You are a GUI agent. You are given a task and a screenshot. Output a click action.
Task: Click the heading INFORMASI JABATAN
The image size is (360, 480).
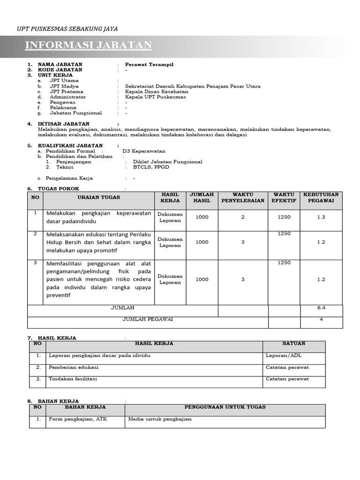pyautogui.click(x=88, y=45)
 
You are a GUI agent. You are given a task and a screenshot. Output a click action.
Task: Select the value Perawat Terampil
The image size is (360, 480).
pyautogui.click(x=149, y=65)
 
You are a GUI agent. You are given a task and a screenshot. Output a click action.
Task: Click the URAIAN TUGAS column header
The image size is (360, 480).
pyautogui.click(x=98, y=197)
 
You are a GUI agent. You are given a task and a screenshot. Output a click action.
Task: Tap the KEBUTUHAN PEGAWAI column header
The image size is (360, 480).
pyautogui.click(x=321, y=197)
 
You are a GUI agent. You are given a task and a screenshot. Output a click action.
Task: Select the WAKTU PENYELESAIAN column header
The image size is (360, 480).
pyautogui.click(x=243, y=197)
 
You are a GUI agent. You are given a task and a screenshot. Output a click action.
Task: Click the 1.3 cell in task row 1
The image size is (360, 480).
pyautogui.click(x=321, y=217)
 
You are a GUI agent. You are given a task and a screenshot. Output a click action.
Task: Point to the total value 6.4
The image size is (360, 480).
pyautogui.click(x=321, y=308)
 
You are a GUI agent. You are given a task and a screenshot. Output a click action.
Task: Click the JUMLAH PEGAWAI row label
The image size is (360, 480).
pyautogui.click(x=148, y=319)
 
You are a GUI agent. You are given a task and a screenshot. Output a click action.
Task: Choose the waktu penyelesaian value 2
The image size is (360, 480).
pyautogui.click(x=243, y=217)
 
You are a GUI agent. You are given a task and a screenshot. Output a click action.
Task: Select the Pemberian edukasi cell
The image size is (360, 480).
pyautogui.click(x=74, y=367)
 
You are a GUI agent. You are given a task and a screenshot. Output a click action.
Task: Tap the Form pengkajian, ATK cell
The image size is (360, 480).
pyautogui.click(x=78, y=419)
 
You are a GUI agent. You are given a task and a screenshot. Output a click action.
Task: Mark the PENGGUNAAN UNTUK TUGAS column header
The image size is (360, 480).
pyautogui.click(x=225, y=407)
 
